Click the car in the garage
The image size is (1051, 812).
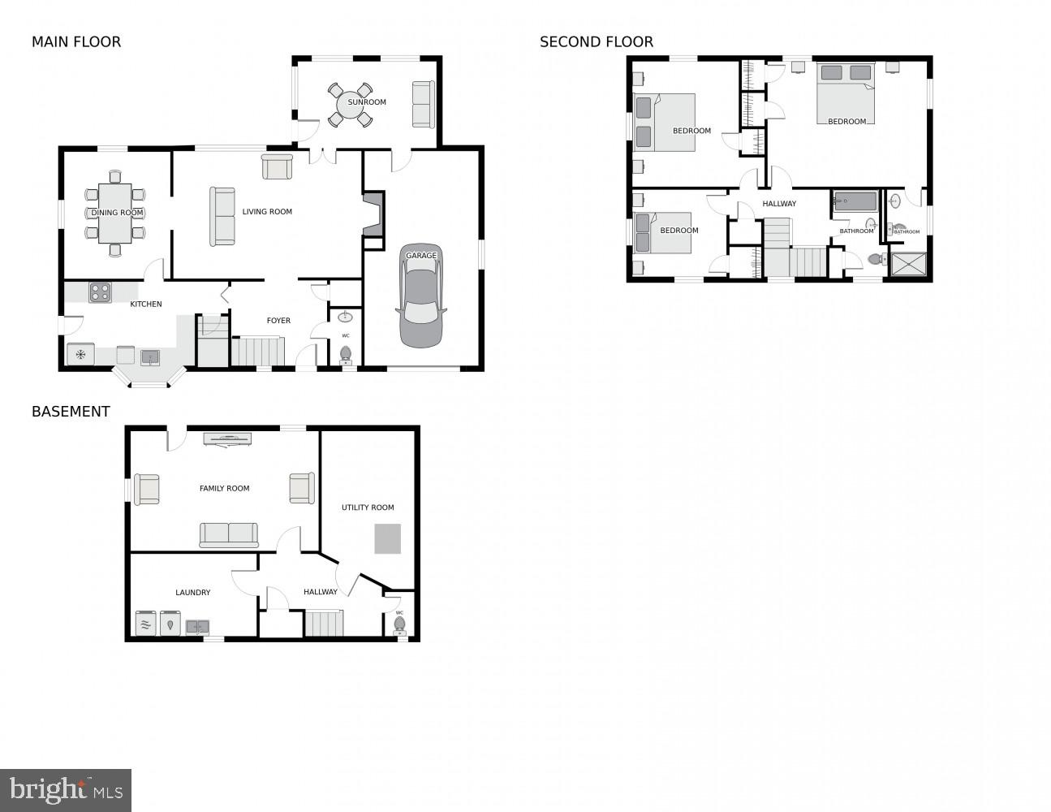pyautogui.click(x=421, y=297)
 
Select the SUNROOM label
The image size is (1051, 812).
pyautogui.click(x=367, y=102)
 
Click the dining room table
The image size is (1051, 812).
pyautogui.click(x=115, y=213)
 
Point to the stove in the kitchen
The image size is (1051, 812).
pyautogui.click(x=100, y=292)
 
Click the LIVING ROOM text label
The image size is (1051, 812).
pyautogui.click(x=267, y=212)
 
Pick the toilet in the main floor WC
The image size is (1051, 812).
pyautogui.click(x=346, y=353)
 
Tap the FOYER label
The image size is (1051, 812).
pyautogui.click(x=278, y=321)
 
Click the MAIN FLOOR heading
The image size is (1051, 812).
pyautogui.click(x=76, y=42)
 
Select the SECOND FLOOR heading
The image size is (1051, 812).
pyautogui.click(x=597, y=42)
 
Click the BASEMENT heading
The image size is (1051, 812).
pyautogui.click(x=71, y=412)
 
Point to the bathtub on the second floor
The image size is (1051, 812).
pyautogui.click(x=855, y=201)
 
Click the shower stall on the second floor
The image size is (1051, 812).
pyautogui.click(x=907, y=265)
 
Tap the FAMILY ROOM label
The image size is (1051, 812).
pyautogui.click(x=225, y=489)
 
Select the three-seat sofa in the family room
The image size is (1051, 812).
pyautogui.click(x=229, y=534)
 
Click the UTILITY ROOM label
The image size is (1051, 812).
pyautogui.click(x=368, y=508)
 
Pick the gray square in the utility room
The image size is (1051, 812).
pyautogui.click(x=387, y=539)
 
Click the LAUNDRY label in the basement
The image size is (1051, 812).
pyautogui.click(x=193, y=593)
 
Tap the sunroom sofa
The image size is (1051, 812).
pyautogui.click(x=423, y=104)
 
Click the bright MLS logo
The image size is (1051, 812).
pyautogui.click(x=66, y=790)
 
